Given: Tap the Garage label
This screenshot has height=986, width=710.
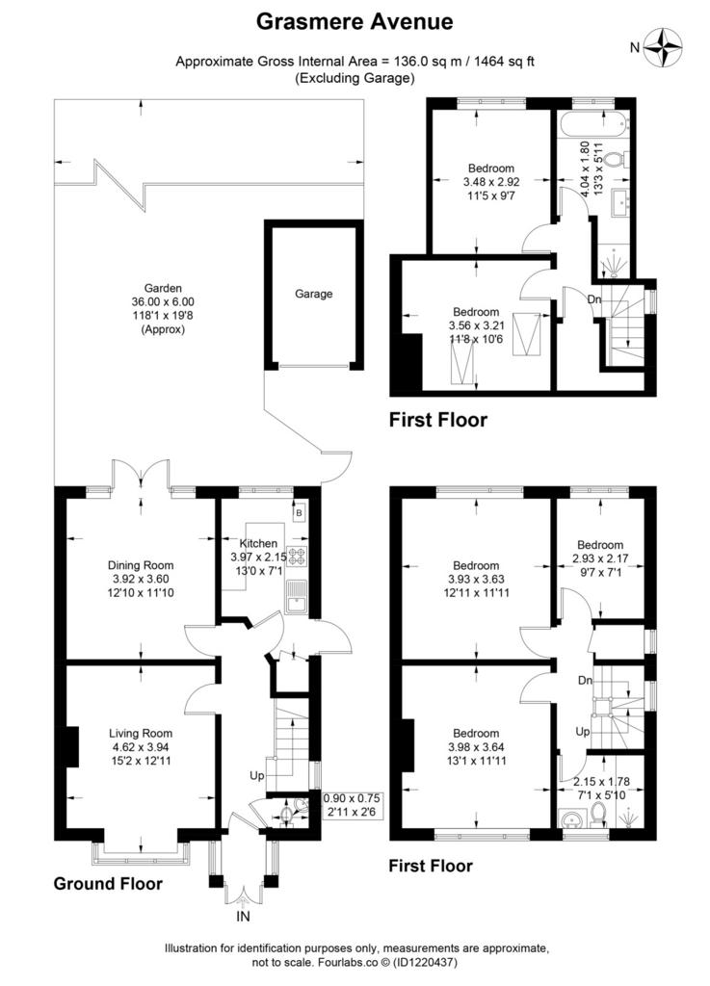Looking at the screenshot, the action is pos(313,294).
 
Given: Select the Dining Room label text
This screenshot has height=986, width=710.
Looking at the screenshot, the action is pos(141,565).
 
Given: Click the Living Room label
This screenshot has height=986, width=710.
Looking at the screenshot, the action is pos(141,733).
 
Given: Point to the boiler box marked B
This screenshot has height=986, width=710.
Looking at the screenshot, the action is pos(300,512).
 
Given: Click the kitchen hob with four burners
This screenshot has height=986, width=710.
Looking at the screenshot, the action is pos(296,556).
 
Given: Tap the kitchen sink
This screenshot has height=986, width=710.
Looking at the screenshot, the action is pos(295,596).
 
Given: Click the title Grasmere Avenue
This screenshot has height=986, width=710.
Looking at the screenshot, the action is pos(355,21).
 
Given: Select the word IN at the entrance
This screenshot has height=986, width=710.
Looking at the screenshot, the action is pos(243,917).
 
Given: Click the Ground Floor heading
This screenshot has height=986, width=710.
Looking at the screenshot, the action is pos(108,884).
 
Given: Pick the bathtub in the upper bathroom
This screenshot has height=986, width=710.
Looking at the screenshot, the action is pos(592,123).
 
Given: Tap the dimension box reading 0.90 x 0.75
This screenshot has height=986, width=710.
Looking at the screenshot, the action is pos(352,798).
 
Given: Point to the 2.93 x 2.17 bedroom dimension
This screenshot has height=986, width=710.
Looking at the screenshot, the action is pos(600,558).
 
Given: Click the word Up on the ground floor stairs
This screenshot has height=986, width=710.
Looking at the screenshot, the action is pos(256,776).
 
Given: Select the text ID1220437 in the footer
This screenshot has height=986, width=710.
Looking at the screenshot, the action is pos(425,962).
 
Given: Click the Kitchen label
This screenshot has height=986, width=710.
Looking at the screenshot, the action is pos(258,543).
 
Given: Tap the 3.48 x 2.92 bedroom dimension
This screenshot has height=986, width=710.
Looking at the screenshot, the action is pos(491,182).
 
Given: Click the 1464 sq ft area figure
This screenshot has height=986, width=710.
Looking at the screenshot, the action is pos(504,62).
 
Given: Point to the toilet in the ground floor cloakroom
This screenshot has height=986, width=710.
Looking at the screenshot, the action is pos(287,816).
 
